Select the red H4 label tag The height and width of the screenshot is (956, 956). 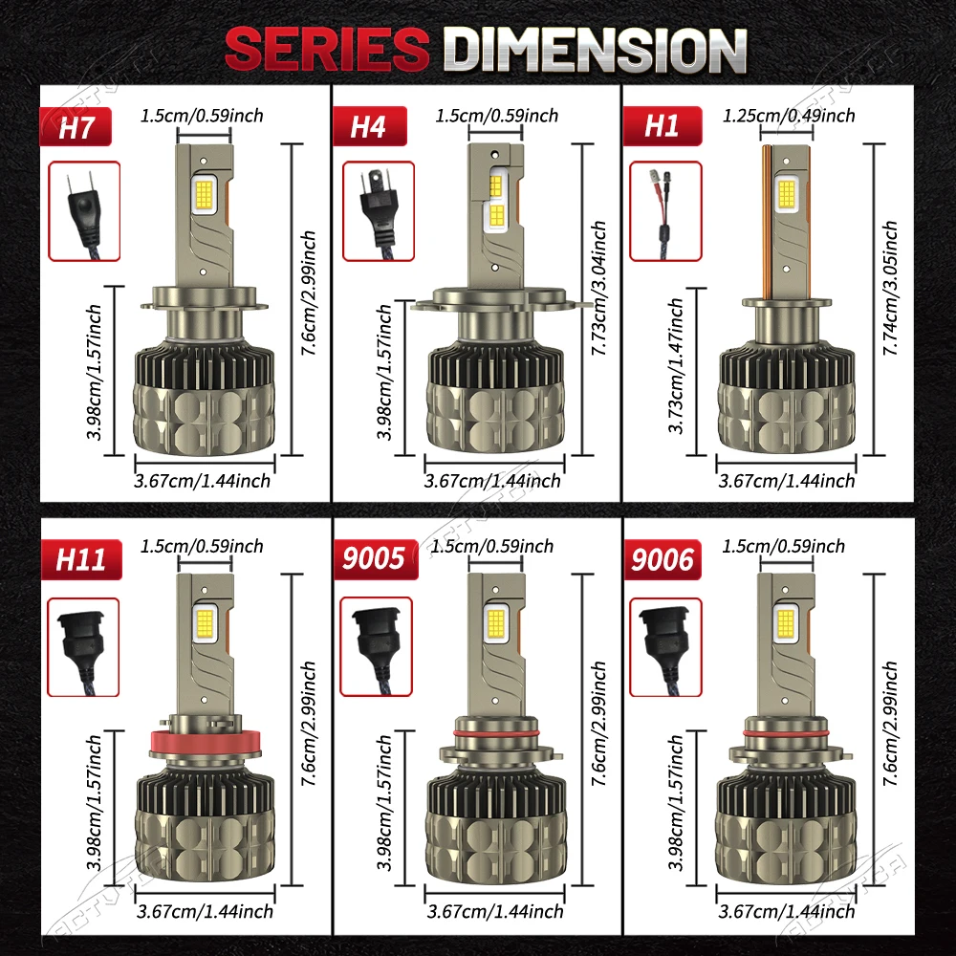pos(368,127)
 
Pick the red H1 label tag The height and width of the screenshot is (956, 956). pos(662,127)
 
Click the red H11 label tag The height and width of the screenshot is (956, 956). pos(79,559)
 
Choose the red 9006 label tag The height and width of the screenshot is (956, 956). pos(663,559)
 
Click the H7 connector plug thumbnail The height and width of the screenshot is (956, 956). pos(84,211)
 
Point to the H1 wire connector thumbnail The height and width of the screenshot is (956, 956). pos(665,211)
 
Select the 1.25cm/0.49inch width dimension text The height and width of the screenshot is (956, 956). pos(789,116)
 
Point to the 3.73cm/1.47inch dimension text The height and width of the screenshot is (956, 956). pos(677,367)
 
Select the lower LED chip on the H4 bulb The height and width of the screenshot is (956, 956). pos(498,216)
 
